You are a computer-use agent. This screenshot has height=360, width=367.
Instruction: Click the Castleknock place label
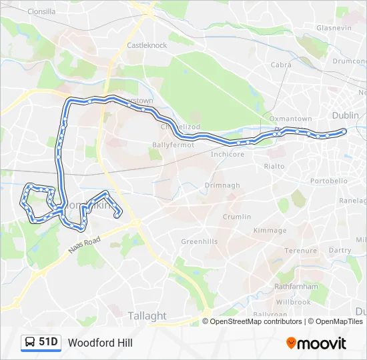147,45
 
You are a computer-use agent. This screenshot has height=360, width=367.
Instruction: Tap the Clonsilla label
41,12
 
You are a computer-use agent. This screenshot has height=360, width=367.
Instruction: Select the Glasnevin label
334,28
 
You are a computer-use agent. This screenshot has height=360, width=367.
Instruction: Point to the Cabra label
281,65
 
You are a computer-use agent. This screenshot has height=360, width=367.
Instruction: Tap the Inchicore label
228,154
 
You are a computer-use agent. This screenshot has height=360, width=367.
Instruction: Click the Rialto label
274,166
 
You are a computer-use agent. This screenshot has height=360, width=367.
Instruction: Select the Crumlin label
238,217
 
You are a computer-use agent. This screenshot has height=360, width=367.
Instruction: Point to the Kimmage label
270,231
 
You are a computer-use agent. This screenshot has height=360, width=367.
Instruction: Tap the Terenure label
300,251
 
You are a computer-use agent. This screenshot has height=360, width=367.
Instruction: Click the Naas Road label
84,243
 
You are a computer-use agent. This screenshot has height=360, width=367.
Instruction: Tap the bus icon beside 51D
30,342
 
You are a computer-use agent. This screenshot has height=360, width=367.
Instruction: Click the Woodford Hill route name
100,343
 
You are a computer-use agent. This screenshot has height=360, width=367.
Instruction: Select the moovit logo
316,343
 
